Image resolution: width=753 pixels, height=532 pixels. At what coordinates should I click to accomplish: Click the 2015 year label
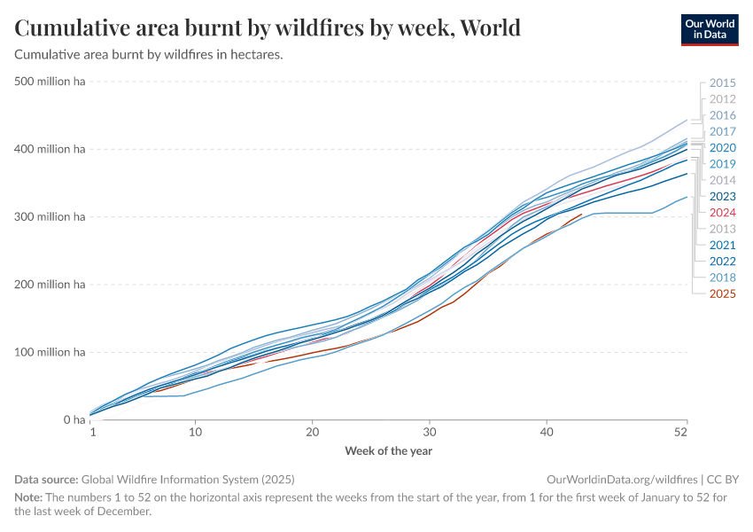[723, 83]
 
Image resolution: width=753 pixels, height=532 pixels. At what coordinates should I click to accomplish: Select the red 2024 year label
[723, 213]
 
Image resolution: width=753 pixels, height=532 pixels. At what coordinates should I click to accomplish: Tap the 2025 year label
[723, 293]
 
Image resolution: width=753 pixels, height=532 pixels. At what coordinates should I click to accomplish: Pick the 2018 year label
[723, 278]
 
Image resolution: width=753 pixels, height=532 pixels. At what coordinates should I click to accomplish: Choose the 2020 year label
[723, 148]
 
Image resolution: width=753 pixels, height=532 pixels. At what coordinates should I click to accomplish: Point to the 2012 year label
[723, 99]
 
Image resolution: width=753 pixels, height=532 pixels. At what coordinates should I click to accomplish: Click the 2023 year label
[723, 197]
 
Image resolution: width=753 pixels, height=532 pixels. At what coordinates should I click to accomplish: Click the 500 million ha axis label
[50, 82]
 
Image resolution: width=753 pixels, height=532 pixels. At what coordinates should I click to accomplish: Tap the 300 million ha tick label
[50, 217]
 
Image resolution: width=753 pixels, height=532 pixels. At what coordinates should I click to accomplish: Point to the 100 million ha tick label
[50, 353]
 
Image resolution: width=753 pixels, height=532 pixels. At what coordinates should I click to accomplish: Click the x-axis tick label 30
[430, 432]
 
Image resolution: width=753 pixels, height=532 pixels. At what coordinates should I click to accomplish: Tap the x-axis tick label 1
[93, 432]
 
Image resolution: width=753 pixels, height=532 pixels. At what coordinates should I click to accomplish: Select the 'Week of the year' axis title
[388, 450]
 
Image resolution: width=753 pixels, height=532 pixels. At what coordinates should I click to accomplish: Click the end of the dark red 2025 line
[582, 214]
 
